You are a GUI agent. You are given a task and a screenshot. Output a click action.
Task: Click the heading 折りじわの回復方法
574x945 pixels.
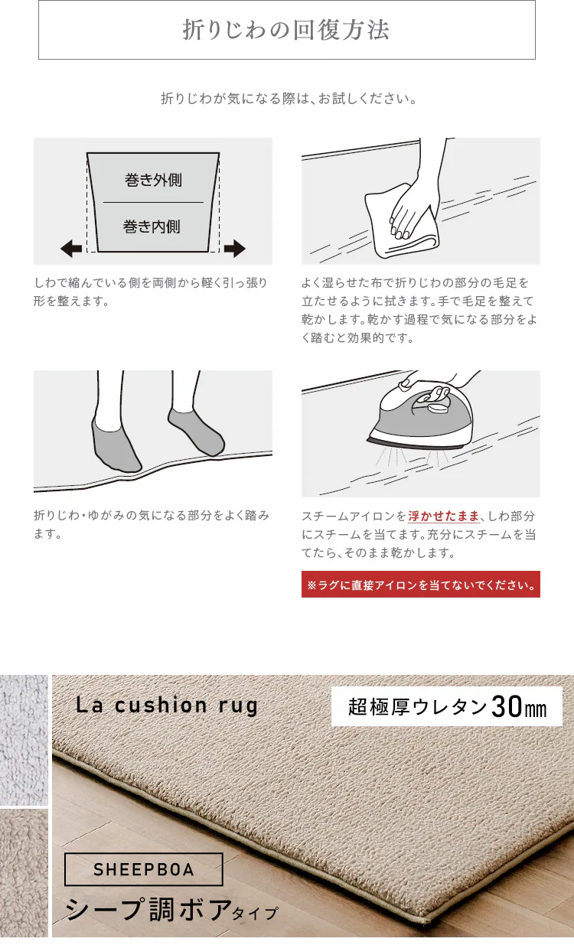tap(285, 30)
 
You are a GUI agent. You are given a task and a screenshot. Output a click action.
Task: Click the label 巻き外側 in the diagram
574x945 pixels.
tap(153, 180)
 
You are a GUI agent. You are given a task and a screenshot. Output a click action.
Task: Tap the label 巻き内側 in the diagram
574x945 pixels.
tap(152, 226)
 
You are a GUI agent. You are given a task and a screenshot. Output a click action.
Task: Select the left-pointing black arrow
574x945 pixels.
tap(71, 249)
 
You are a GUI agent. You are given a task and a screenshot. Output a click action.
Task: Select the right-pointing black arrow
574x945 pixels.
tap(235, 249)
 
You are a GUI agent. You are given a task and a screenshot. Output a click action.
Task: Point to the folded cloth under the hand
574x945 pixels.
tap(401, 221)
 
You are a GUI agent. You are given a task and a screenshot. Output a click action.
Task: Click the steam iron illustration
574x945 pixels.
tap(420, 418)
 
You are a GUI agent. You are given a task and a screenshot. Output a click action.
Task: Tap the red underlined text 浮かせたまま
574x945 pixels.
tap(444, 516)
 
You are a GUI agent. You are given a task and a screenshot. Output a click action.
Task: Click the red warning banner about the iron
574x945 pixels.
tap(421, 585)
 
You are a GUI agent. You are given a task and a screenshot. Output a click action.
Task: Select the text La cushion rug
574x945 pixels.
tap(167, 705)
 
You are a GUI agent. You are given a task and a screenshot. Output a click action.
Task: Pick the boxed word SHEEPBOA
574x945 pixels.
tap(144, 869)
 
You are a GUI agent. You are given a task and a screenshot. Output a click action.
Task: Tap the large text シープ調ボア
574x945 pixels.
tap(148, 910)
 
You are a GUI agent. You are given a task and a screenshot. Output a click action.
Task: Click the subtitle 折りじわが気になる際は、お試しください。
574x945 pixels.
tap(289, 99)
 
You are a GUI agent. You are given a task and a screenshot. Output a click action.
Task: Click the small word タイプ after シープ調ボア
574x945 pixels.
tap(255, 914)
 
